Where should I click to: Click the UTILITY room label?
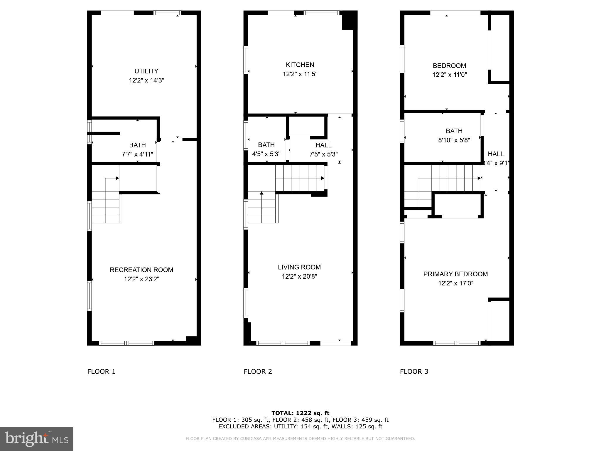[146, 71]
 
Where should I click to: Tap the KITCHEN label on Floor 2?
[300, 65]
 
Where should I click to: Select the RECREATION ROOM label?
[141, 270]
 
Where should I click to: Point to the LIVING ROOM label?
[299, 267]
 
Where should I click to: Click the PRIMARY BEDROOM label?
[455, 274]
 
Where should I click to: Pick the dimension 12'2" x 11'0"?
[449, 75]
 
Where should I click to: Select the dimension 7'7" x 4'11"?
[137, 154]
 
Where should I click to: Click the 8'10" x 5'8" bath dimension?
[454, 140]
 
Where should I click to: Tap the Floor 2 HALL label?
[323, 145]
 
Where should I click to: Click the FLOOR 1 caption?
[101, 371]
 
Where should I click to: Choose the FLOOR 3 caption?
[414, 371]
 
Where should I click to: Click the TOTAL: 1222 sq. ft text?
[300, 413]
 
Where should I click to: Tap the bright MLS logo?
[37, 439]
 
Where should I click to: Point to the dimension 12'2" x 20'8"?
[299, 276]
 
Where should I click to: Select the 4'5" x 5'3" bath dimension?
[266, 154]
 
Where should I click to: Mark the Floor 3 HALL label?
[496, 154]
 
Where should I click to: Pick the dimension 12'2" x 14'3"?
[146, 80]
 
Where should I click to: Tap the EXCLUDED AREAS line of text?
[300, 427]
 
